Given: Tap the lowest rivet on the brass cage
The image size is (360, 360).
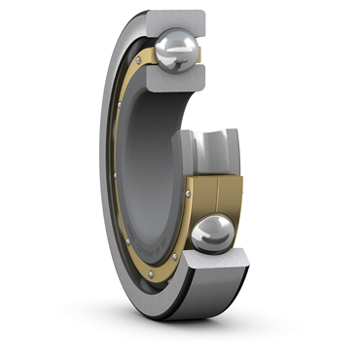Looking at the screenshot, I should [174, 258].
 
